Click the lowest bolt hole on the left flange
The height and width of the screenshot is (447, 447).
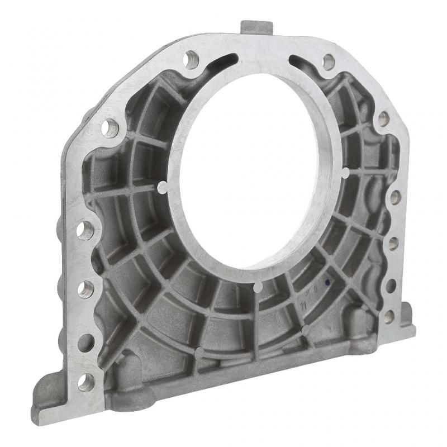click(85, 382)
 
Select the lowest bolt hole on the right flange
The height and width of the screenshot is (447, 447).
click(389, 317)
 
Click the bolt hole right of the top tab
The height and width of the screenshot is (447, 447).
click(329, 61)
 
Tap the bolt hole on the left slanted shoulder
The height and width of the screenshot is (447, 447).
click(110, 129)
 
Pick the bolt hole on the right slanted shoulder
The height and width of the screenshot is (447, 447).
click(383, 118)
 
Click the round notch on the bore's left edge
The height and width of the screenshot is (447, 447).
click(162, 186)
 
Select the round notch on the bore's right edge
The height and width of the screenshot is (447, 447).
click(345, 173)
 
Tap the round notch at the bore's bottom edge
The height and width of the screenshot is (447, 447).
click(258, 287)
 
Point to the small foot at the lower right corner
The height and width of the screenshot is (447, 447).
click(407, 318)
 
